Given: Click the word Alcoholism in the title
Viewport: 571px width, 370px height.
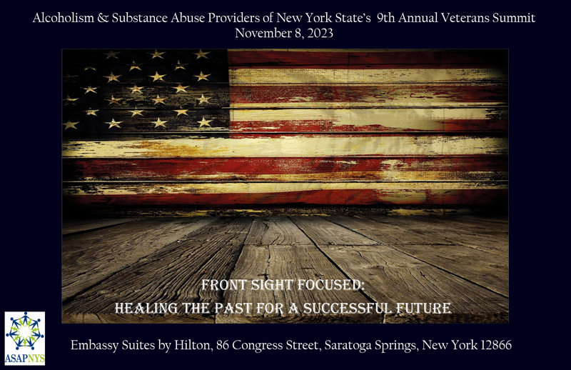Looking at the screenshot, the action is click(x=64, y=18).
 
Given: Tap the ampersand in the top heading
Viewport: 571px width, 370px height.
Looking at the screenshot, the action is click(x=103, y=18).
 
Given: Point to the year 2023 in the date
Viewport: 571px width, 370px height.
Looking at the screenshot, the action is click(x=320, y=33).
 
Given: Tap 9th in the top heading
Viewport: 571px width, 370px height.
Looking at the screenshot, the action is click(x=386, y=18).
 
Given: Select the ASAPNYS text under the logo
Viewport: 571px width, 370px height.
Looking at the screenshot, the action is click(x=25, y=359).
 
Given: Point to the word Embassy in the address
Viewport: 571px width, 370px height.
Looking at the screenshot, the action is click(x=94, y=345).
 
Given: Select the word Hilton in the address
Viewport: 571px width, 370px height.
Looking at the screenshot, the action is click(x=193, y=345).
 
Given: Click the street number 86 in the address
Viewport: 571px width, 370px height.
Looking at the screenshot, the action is click(x=223, y=345).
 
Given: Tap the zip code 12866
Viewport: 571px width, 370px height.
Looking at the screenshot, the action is click(x=495, y=345).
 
